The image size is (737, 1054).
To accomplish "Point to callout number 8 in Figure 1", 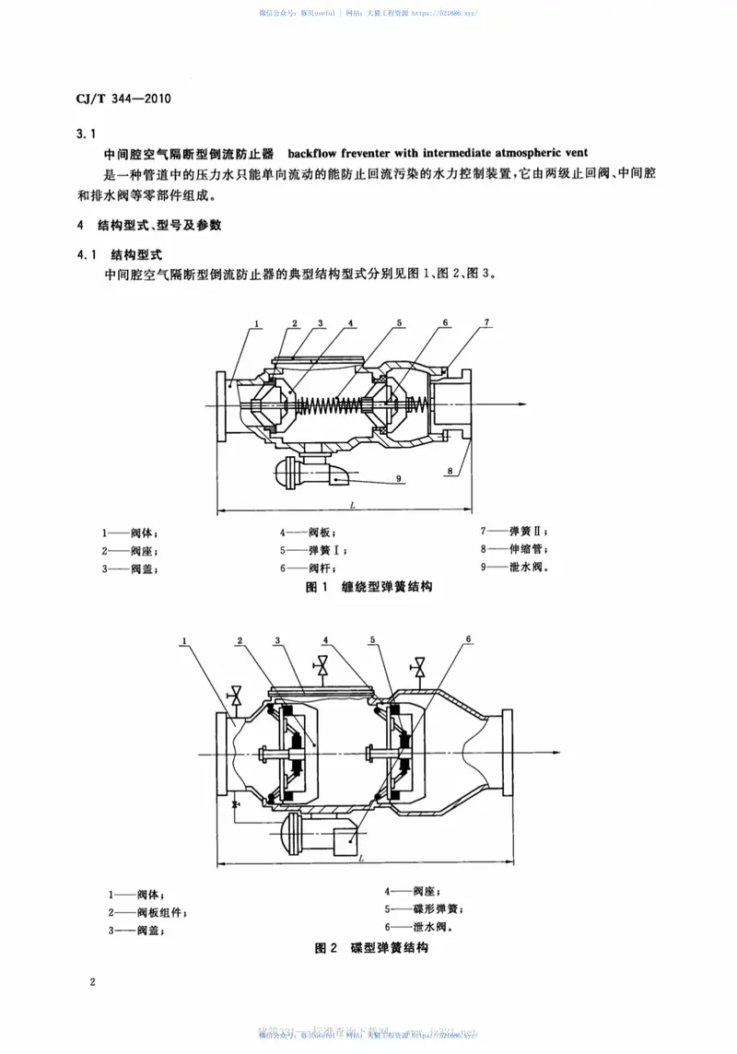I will point(450,471).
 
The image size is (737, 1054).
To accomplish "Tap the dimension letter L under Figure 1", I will point(354,504).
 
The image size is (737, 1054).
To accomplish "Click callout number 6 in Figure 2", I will point(468,639).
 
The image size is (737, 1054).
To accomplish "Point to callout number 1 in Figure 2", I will point(185,641).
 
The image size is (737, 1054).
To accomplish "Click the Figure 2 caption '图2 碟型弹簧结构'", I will point(371,948).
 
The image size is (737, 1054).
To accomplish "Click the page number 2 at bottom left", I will point(92,982).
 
